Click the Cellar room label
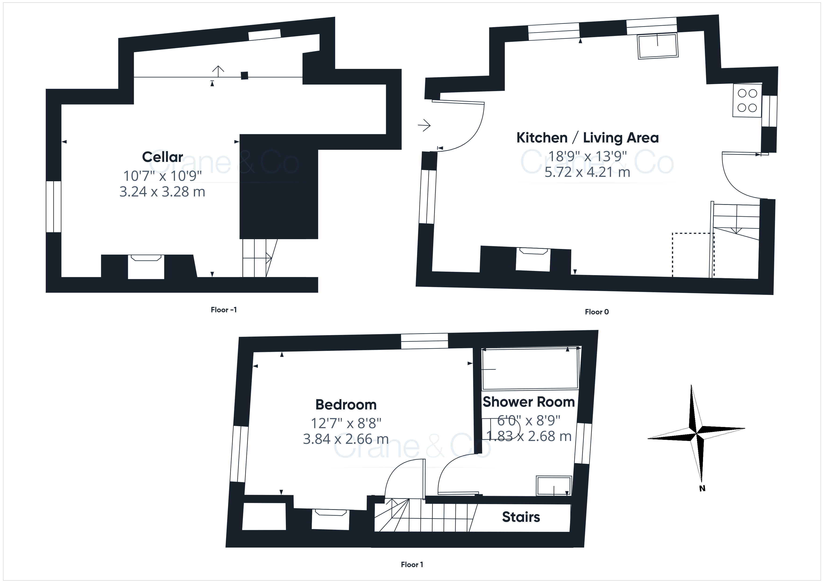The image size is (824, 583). click(163, 157)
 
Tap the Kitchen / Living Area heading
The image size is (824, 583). click(587, 138)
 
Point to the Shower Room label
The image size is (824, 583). click(529, 402)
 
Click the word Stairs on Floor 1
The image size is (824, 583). click(521, 517)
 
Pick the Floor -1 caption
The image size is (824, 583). click(224, 310)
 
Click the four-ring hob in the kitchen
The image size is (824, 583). click(747, 100)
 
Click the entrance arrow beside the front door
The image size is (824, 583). click(424, 126)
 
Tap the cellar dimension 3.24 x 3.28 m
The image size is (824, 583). click(162, 192)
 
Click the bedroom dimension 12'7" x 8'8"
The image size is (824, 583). click(346, 423)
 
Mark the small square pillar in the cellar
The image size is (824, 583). click(244, 75)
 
